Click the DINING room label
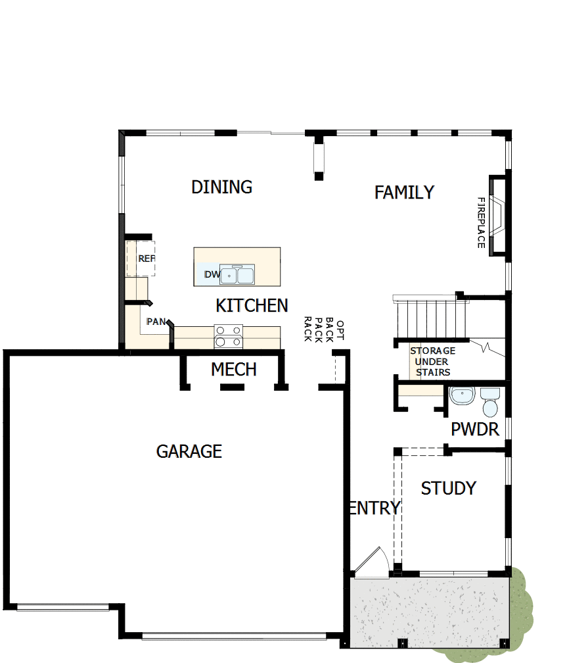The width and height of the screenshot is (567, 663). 221,187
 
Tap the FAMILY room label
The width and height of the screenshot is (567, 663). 404,192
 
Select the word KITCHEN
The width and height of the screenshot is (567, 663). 252,306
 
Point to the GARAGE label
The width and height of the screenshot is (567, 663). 189,451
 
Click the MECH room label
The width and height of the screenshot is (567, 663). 233,370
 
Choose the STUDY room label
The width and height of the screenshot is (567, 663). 448,489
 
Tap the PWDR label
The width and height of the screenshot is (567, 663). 474,430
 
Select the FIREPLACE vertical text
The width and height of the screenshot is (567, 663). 481,222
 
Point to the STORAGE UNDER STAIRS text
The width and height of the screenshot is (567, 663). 432,362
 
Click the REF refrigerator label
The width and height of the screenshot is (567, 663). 146,258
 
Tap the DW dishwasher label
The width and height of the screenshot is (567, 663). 211,274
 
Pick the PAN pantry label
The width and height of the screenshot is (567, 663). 156,322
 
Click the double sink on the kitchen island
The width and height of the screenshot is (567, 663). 237,275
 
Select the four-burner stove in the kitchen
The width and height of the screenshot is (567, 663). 229,336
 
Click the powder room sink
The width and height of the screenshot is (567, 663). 463,397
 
